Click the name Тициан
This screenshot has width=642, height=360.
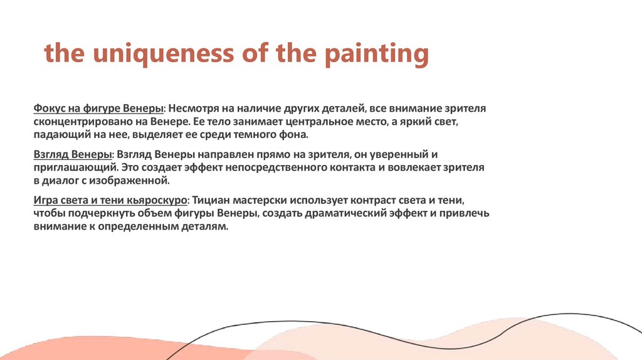[209, 200]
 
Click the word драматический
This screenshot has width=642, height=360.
[347, 214]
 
